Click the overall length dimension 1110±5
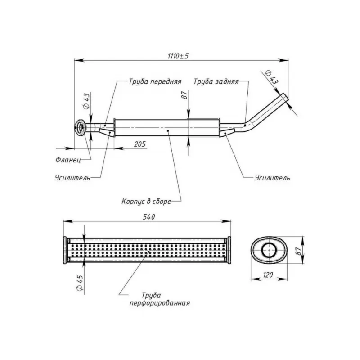click(x=178, y=56)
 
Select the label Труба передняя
click(x=155, y=82)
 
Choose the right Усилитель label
click(x=272, y=177)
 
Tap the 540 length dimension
click(x=149, y=217)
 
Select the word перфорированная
click(x=159, y=303)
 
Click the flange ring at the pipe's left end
click(x=80, y=127)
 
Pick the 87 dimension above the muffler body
click(x=184, y=96)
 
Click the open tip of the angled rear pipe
click(x=284, y=98)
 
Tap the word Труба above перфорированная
click(x=151, y=295)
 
